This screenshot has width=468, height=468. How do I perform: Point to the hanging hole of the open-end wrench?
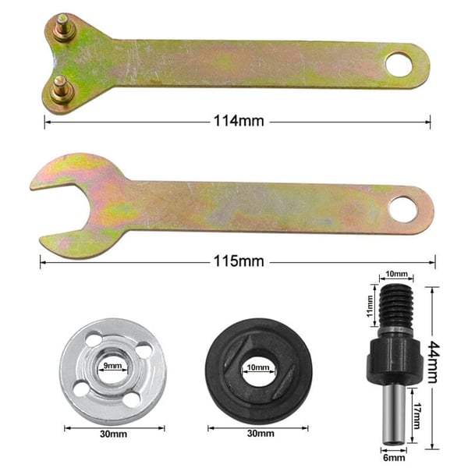coord(404,207)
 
